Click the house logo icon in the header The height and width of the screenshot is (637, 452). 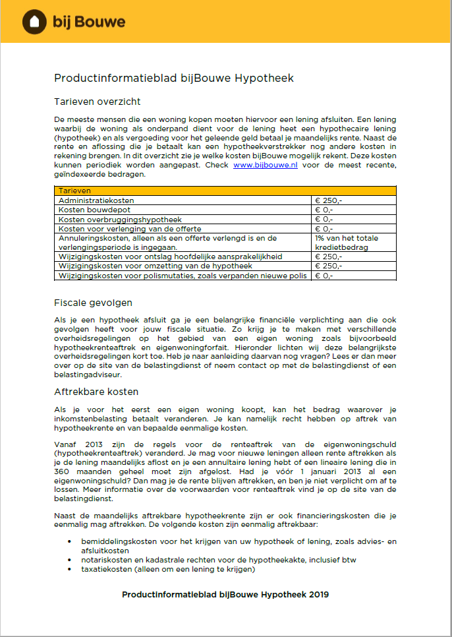pyautogui.click(x=34, y=22)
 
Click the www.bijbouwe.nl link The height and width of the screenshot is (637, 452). pyautogui.click(x=265, y=165)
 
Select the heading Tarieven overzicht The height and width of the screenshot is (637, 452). pyautogui.click(x=98, y=102)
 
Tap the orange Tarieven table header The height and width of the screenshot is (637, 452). pyautogui.click(x=225, y=191)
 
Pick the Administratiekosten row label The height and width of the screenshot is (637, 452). pyautogui.click(x=96, y=200)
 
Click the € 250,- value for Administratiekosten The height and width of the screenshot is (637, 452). pyautogui.click(x=328, y=200)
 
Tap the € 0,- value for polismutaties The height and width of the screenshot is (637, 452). pyautogui.click(x=324, y=276)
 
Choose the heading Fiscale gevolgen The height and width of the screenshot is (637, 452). pyautogui.click(x=93, y=303)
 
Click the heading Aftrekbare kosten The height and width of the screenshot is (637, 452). pyautogui.click(x=96, y=392)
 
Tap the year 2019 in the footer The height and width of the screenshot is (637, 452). pyautogui.click(x=318, y=594)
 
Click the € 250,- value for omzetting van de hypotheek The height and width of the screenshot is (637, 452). pyautogui.click(x=328, y=266)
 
